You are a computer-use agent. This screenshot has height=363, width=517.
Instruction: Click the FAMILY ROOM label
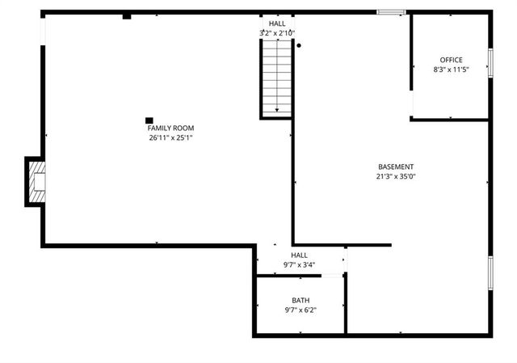[x=170, y=128]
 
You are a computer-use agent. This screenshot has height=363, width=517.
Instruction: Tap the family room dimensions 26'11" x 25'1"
[x=170, y=137]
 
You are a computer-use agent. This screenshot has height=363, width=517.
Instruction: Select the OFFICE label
[x=451, y=60]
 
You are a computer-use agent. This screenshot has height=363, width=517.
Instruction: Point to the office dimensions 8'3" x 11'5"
[x=451, y=70]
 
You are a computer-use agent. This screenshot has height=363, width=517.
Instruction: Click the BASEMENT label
[x=396, y=167]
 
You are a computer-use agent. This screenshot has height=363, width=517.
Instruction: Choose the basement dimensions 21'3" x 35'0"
[x=396, y=176]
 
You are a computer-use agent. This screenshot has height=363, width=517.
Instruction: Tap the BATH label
[x=300, y=301]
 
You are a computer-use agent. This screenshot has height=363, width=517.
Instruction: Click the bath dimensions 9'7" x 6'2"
[x=300, y=310]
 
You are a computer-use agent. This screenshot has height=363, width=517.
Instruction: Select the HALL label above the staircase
[x=277, y=23]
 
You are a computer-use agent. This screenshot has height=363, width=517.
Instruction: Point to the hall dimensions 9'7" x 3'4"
[x=299, y=264]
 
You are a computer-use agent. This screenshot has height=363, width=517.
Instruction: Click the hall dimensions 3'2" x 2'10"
[x=277, y=33]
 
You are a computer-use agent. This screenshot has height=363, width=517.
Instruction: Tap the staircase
[x=277, y=77]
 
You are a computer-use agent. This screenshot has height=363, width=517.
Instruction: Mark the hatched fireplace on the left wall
[x=36, y=181]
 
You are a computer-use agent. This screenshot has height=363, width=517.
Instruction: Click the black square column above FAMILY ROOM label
[x=149, y=120]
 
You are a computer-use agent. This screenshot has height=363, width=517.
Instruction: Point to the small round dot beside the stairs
[x=299, y=45]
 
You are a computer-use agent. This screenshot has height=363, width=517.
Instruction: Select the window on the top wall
[x=391, y=12]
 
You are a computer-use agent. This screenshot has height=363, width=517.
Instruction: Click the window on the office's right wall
[x=490, y=63]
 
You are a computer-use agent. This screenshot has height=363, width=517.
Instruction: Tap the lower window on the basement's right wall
[x=490, y=272]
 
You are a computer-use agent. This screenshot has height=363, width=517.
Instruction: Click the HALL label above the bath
[x=299, y=255]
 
